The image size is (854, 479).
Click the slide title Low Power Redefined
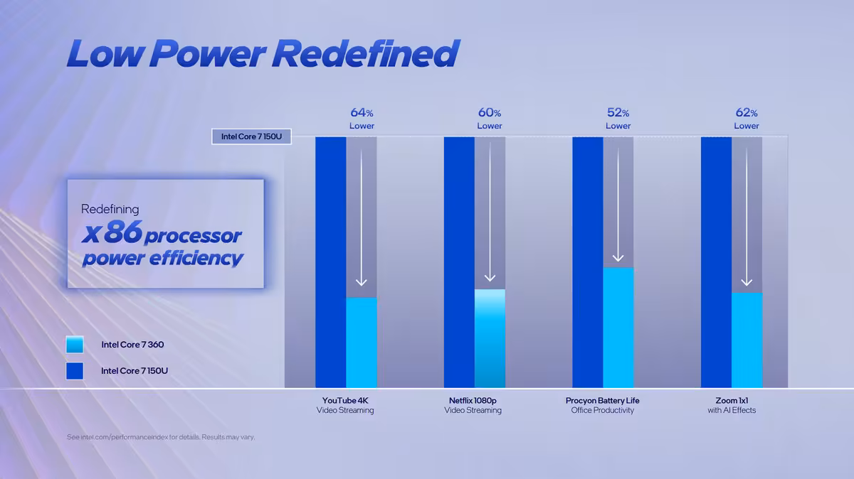tap(262, 54)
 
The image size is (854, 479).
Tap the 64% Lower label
tap(362, 119)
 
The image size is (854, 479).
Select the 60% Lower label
tap(490, 119)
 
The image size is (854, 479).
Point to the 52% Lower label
tap(618, 119)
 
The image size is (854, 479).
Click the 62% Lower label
tap(747, 119)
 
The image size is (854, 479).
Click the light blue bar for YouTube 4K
tap(362, 342)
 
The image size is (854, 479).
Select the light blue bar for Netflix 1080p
tap(490, 338)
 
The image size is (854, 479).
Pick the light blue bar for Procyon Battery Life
tap(618, 327)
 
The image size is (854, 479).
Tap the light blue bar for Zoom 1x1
tap(747, 340)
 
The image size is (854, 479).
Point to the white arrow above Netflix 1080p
tap(490, 213)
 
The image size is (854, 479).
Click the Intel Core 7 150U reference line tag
tap(251, 136)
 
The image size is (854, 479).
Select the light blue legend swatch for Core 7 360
tap(75, 345)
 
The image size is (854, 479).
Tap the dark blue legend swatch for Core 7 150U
tap(75, 370)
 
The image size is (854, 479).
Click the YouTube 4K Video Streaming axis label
tap(345, 405)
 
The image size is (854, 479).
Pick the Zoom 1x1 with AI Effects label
tap(732, 405)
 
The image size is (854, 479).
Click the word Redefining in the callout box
tap(110, 210)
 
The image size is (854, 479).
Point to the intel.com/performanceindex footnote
tap(161, 437)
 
